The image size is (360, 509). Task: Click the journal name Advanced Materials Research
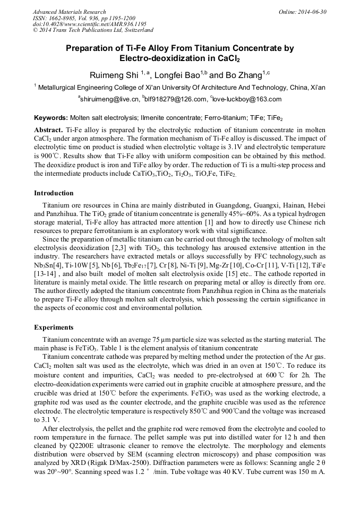tap(69, 12)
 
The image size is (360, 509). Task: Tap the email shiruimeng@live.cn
tap(109, 99)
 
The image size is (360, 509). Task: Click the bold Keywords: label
tap(50, 118)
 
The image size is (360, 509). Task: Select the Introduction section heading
tap(54, 193)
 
